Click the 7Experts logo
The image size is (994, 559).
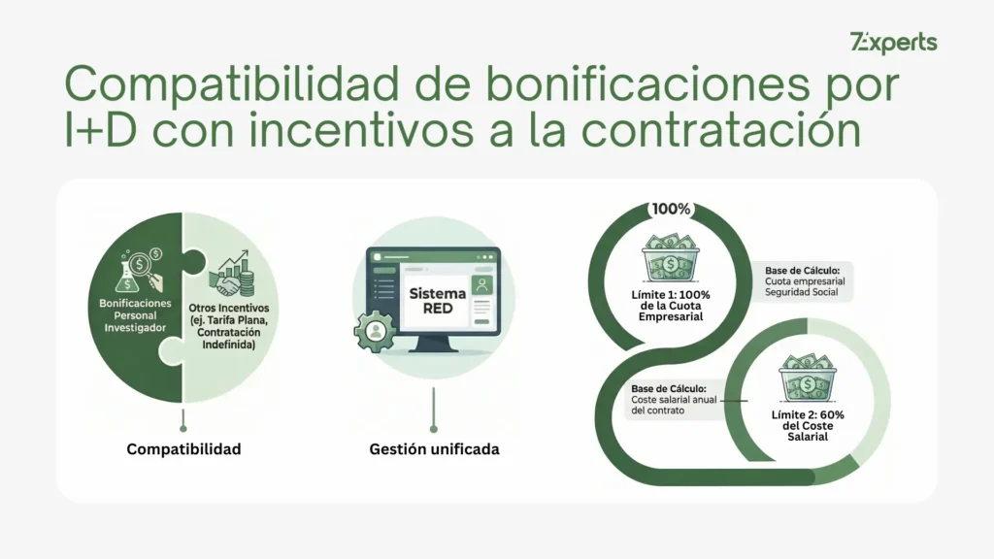coord(893,43)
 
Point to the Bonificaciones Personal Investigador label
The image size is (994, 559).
coord(135,314)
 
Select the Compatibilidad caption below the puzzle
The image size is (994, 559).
coord(183,449)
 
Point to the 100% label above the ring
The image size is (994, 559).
coord(672,209)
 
